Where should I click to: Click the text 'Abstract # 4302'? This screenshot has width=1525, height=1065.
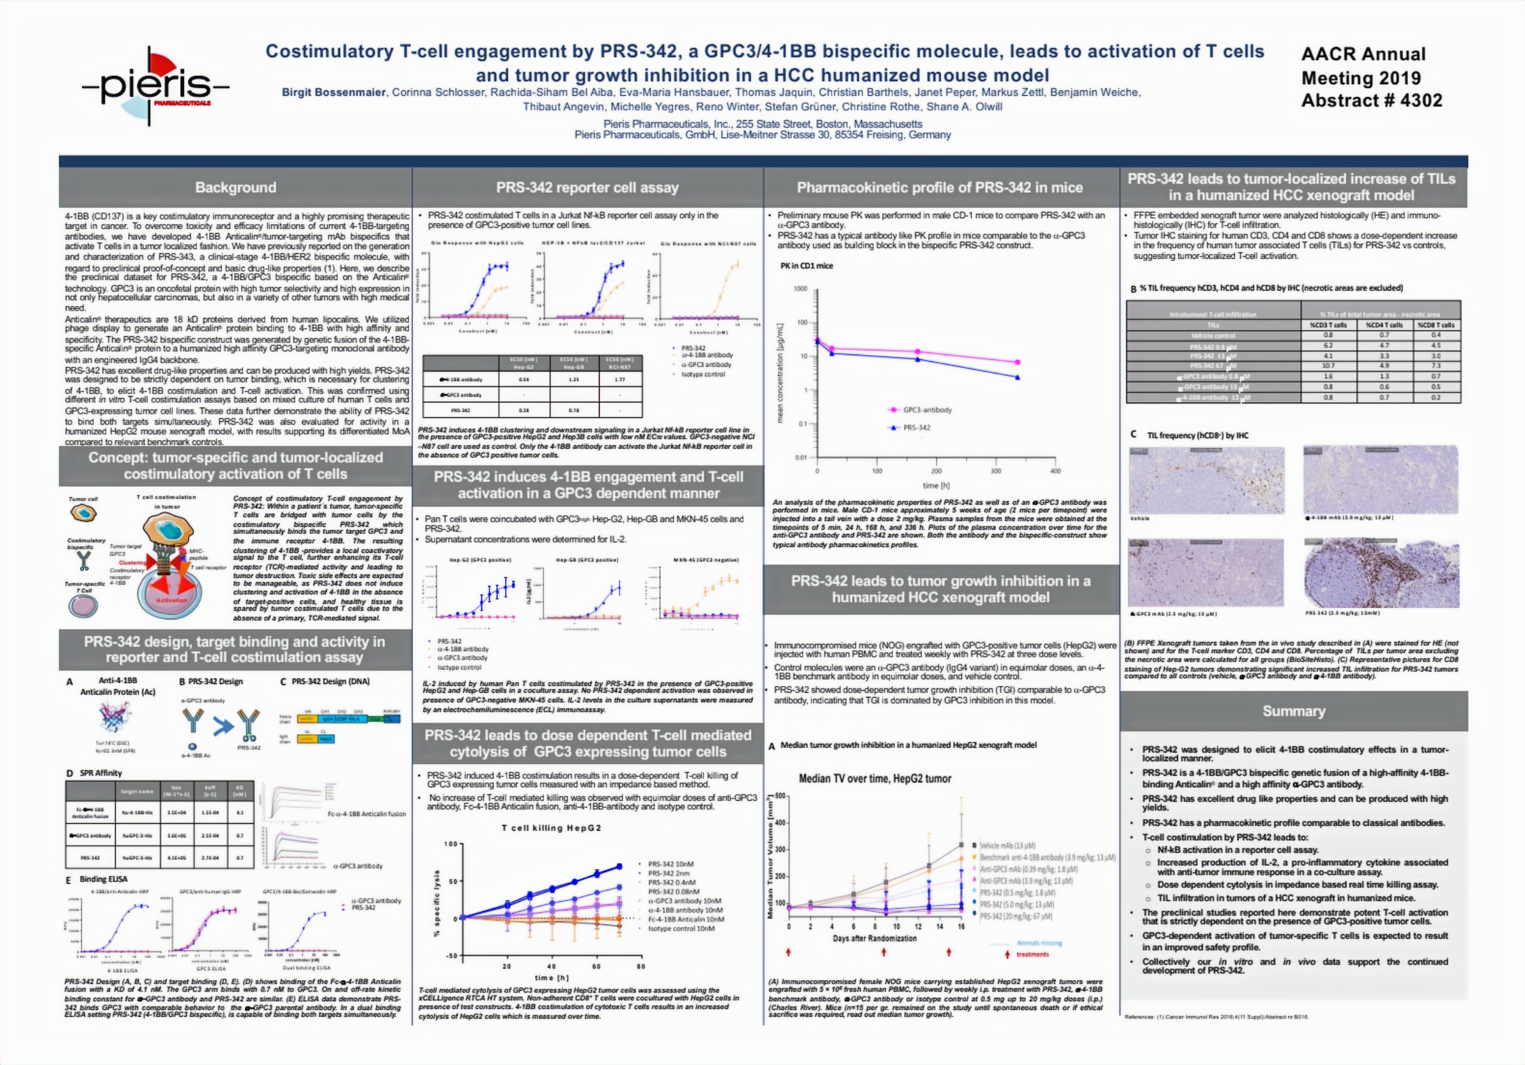1371,101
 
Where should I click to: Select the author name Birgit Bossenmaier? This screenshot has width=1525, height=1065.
333,92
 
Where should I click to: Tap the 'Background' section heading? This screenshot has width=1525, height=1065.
235,187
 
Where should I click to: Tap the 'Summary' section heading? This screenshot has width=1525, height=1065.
1293,711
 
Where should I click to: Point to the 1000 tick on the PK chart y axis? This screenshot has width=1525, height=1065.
801,289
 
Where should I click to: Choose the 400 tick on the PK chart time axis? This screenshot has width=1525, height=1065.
1055,471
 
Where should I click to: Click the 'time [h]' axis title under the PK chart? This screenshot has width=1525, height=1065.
936,485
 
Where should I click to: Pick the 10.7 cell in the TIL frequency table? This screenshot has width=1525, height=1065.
1328,365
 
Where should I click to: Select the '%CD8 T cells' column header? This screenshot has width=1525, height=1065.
1436,325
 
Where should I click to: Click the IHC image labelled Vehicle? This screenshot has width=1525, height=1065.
1207,480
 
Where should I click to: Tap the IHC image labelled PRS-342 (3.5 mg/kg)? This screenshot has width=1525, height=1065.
1381,573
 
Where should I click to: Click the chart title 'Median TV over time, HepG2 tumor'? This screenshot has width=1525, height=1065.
875,778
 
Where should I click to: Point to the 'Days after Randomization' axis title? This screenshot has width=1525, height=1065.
875,938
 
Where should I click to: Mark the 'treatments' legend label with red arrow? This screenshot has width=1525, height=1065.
1032,954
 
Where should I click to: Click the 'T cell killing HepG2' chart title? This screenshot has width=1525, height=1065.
551,828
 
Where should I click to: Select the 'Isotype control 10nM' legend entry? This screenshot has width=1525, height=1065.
681,928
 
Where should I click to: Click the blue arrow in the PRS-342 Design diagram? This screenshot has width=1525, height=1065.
222,726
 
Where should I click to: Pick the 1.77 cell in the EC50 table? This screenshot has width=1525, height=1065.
619,379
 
